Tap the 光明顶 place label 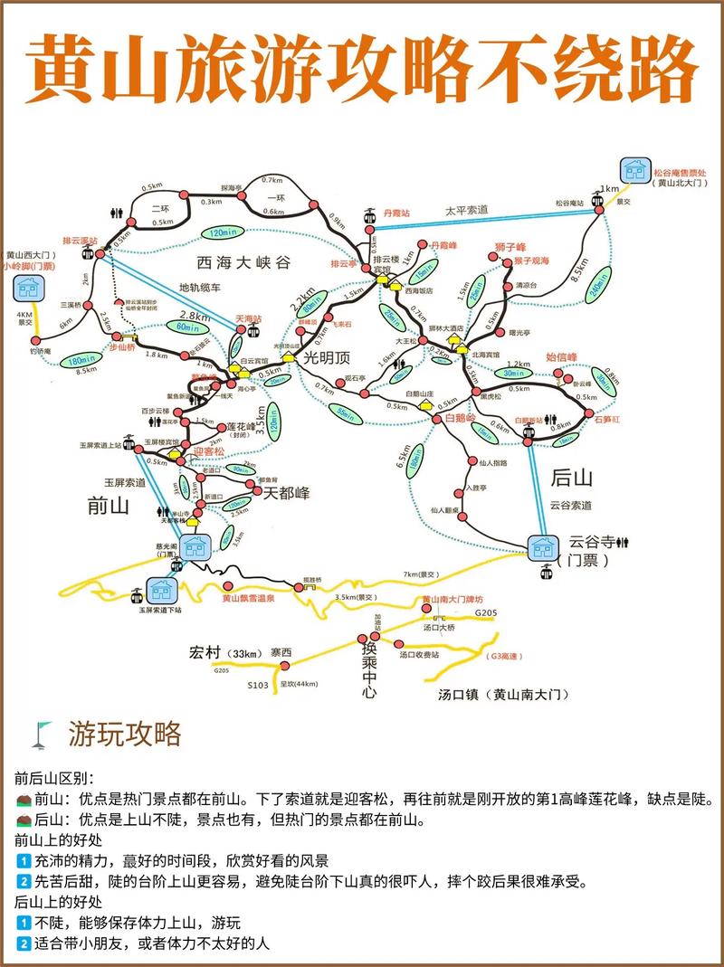325,359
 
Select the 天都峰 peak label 285,493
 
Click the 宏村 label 206,652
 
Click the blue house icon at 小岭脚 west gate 26,289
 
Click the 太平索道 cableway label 465,210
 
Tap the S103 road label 258,687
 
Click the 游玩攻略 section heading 124,733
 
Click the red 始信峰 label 562,357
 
